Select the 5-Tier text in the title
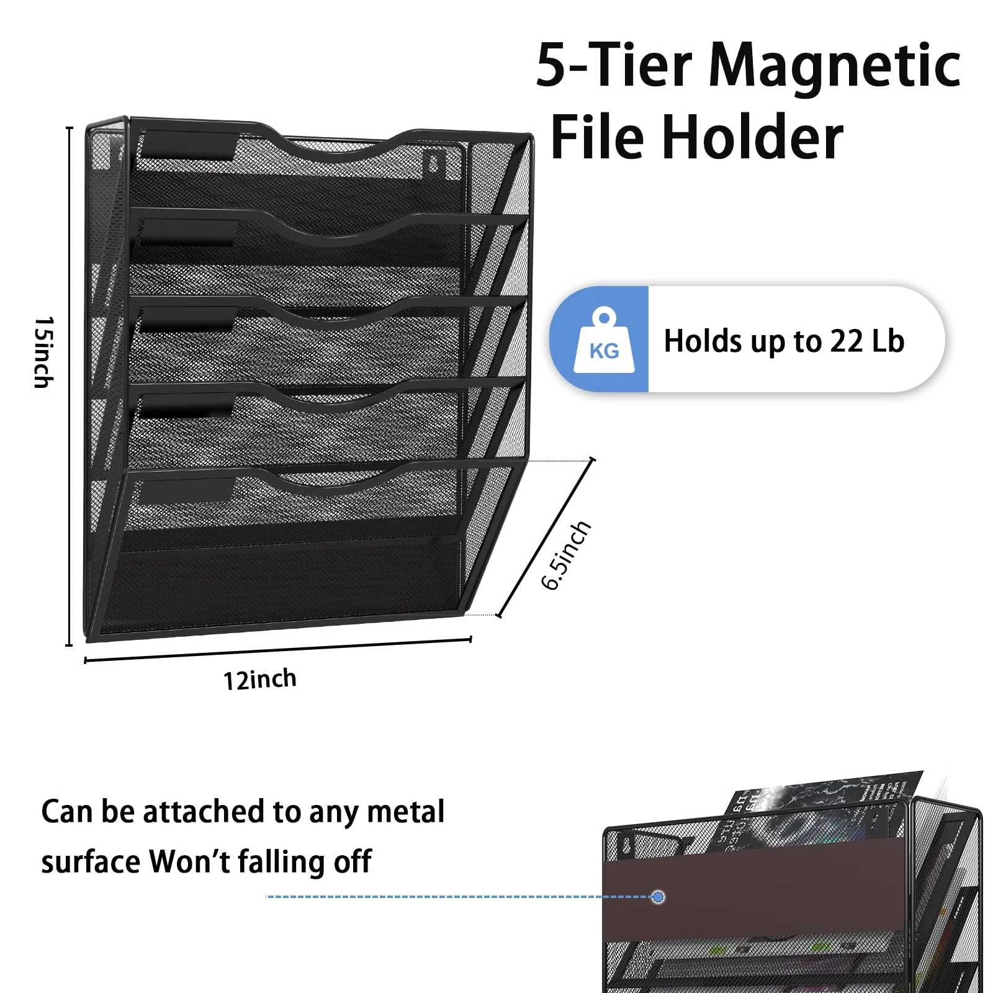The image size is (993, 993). point(614,66)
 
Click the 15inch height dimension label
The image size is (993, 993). point(44,352)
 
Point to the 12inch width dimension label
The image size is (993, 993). point(259,680)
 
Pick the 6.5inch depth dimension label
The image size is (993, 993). point(565,555)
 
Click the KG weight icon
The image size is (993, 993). point(603,340)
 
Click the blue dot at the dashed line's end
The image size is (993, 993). point(658,897)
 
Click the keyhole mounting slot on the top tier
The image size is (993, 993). point(434,161)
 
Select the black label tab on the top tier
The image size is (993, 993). point(187,148)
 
